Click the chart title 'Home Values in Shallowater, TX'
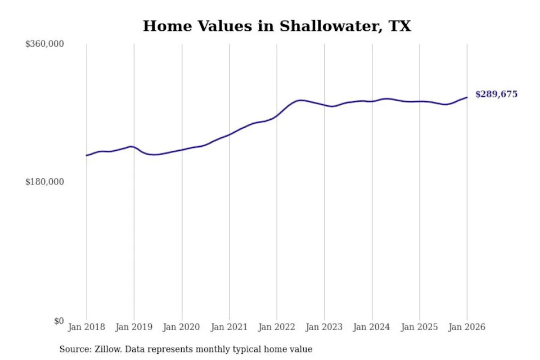pos(277,26)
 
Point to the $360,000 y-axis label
pos(44,44)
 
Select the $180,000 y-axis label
pos(44,182)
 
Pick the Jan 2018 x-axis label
pos(86,327)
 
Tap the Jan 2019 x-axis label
pos(134,327)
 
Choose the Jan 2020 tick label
pos(181,327)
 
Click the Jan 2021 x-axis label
pos(229,327)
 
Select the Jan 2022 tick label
pos(276,327)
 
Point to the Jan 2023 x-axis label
pos(324,327)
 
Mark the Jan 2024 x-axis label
pos(371,327)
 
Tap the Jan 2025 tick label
pos(419,327)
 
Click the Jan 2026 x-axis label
pos(466,327)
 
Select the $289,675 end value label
pos(496,94)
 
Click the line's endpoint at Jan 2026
pos(466,97)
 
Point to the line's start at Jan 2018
pos(87,155)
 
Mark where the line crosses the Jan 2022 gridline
pos(277,116)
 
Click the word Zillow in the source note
pos(106,349)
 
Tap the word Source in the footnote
pos(74,349)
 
